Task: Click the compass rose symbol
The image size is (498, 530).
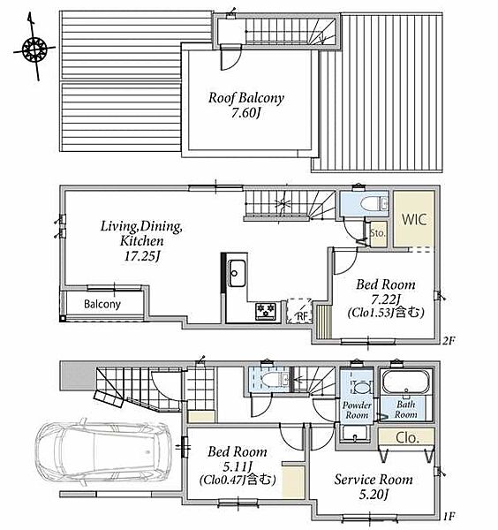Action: (34, 49)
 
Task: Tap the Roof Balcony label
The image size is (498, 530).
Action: (246, 98)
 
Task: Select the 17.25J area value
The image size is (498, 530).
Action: (142, 256)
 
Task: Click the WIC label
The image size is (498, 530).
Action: (414, 219)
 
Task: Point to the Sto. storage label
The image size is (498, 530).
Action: (377, 233)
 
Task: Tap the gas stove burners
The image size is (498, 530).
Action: (266, 311)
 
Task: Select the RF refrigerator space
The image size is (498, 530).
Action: (299, 311)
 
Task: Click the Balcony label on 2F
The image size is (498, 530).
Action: (102, 304)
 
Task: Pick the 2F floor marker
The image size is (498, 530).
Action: (449, 341)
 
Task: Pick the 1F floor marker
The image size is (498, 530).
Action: (449, 517)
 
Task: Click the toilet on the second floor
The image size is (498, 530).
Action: (372, 204)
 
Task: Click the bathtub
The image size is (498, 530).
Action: (406, 382)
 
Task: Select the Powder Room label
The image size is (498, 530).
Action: (357, 410)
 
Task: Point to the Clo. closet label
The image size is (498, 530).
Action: (407, 438)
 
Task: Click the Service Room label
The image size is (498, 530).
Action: (373, 480)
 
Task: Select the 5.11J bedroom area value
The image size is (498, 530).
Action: (238, 466)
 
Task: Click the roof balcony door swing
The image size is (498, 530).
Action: (231, 58)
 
